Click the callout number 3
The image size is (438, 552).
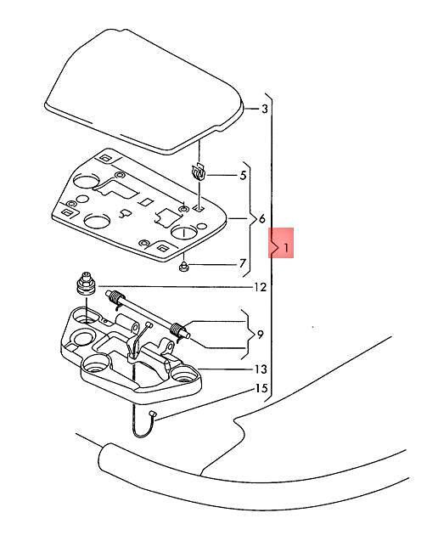(265, 109)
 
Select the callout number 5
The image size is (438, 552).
(243, 175)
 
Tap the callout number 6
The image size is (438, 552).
(262, 219)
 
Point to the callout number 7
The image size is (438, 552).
(242, 263)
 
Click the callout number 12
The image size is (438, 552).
(261, 288)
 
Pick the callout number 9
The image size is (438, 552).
(260, 334)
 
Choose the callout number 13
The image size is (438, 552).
(261, 369)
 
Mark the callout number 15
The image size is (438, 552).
(261, 389)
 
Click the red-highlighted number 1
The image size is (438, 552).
(286, 247)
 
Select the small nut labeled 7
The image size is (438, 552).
(183, 267)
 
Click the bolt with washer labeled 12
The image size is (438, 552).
(87, 284)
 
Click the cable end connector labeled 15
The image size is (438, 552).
(152, 414)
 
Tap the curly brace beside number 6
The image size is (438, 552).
(254, 219)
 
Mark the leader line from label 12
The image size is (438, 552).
(175, 287)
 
